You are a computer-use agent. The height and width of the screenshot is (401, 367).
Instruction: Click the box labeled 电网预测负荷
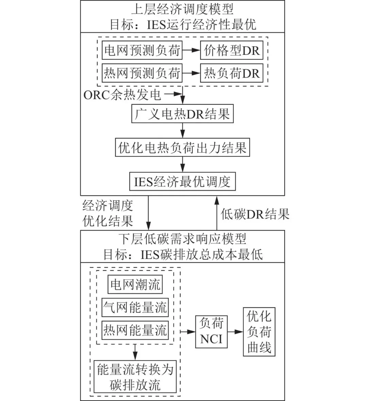point(142,51)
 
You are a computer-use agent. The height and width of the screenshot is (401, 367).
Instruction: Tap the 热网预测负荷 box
point(142,73)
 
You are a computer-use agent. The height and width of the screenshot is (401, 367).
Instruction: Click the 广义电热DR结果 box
point(182,114)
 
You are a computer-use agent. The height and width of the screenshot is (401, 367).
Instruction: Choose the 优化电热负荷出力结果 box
point(182,147)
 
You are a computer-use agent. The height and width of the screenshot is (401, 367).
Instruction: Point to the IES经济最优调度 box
point(182,181)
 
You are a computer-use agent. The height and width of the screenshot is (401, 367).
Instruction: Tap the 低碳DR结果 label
point(255,214)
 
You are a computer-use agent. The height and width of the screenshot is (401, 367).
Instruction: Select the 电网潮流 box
point(135,284)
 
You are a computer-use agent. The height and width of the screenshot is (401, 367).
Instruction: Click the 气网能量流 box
point(135,308)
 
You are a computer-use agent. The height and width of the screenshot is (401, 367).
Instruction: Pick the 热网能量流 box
point(135,330)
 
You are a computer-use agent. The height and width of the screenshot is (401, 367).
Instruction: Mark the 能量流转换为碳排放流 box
point(135,377)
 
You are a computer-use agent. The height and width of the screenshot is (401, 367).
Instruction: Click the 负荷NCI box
point(211,331)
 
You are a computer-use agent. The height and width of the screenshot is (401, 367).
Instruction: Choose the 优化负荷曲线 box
point(259,332)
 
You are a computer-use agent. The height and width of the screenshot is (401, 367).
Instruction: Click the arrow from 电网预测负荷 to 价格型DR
point(191,51)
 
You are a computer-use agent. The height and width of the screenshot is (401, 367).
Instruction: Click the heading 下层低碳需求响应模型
point(182,239)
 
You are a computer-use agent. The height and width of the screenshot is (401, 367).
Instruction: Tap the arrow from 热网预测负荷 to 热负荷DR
point(191,73)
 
